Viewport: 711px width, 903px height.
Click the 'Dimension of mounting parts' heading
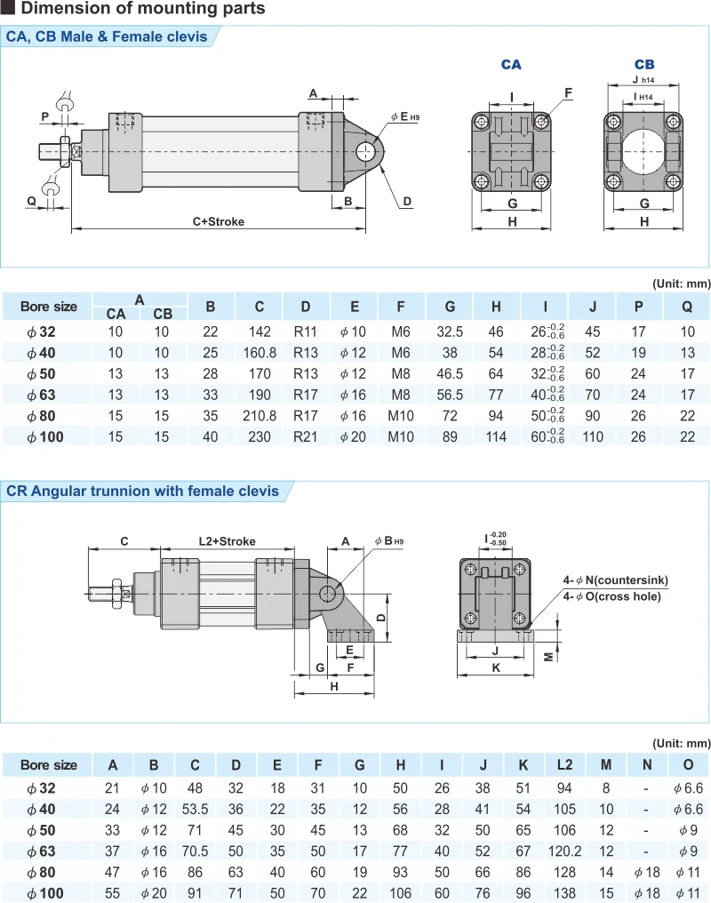142,9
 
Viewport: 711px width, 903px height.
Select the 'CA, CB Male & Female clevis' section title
107,36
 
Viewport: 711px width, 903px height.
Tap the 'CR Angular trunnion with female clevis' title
142,491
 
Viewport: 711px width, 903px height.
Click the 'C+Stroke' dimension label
218,221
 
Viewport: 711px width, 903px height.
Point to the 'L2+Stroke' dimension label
227,541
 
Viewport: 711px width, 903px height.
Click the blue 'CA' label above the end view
511,65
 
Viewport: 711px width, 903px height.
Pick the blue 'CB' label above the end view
644,65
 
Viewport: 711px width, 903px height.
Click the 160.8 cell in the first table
260,352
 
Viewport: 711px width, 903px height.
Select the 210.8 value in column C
260,414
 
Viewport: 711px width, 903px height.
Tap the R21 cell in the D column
306,436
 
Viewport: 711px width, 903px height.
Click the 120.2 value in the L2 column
565,851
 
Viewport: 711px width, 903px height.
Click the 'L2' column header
565,765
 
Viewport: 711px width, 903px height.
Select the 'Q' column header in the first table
687,307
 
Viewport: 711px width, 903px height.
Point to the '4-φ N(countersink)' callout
615,580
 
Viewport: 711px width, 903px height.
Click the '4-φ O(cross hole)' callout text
611,596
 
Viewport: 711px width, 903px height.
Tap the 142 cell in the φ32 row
260,332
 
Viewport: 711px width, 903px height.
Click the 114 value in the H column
496,436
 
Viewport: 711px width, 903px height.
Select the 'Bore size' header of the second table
49,765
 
